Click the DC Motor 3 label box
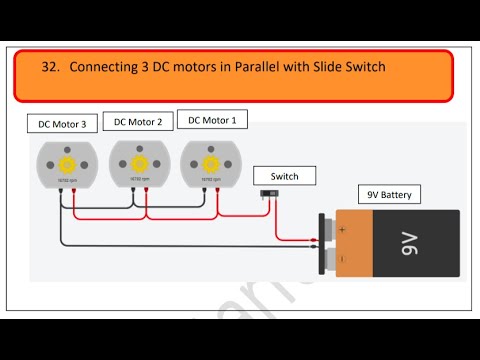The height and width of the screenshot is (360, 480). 62,125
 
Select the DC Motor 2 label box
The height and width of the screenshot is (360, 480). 138,121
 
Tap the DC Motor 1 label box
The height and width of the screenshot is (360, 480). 212,119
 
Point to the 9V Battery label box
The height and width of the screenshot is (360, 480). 390,194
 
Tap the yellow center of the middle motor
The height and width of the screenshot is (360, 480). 139,161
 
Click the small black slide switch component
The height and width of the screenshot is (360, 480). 297,193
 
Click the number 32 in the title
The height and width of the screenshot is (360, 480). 50,68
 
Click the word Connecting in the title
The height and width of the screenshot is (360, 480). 106,68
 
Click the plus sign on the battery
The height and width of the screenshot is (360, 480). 342,229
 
